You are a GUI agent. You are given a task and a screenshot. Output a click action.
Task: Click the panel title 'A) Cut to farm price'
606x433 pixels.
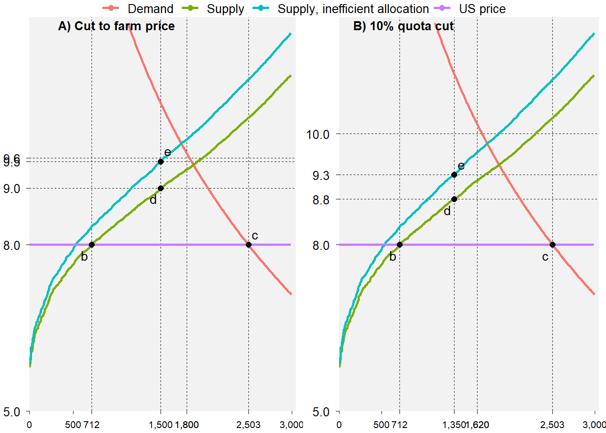pos(116,26)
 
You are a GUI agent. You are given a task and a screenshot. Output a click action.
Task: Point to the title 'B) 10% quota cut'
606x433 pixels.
pos(403,26)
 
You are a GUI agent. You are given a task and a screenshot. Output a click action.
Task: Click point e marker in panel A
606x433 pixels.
pos(161,161)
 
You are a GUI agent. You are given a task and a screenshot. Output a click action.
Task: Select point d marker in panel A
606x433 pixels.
pos(161,188)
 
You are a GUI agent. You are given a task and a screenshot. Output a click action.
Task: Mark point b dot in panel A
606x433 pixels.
pos(92,244)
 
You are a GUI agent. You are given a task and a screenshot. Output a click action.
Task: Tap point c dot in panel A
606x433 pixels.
pos(248,244)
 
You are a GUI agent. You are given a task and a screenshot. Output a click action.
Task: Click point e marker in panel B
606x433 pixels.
pos(454,175)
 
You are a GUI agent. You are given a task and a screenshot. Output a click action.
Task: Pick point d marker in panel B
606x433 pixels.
pos(454,199)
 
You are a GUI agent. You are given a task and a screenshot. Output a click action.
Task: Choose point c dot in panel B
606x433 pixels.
pos(552,244)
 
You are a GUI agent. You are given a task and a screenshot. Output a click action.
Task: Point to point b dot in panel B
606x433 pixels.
pos(399,244)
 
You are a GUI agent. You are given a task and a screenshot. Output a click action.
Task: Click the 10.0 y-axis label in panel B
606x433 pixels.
pos(318,134)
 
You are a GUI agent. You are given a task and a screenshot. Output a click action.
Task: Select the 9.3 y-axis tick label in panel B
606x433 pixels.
pos(321,175)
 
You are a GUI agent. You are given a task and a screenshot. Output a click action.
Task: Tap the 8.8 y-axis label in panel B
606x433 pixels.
pos(321,199)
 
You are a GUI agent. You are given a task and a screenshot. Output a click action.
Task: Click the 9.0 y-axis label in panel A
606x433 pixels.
pos(12,189)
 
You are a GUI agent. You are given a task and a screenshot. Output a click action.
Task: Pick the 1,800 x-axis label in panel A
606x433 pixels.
pos(187,424)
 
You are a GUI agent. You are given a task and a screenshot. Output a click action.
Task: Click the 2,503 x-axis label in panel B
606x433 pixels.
pos(552,424)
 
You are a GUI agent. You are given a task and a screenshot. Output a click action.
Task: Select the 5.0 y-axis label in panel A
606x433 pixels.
pos(12,412)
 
